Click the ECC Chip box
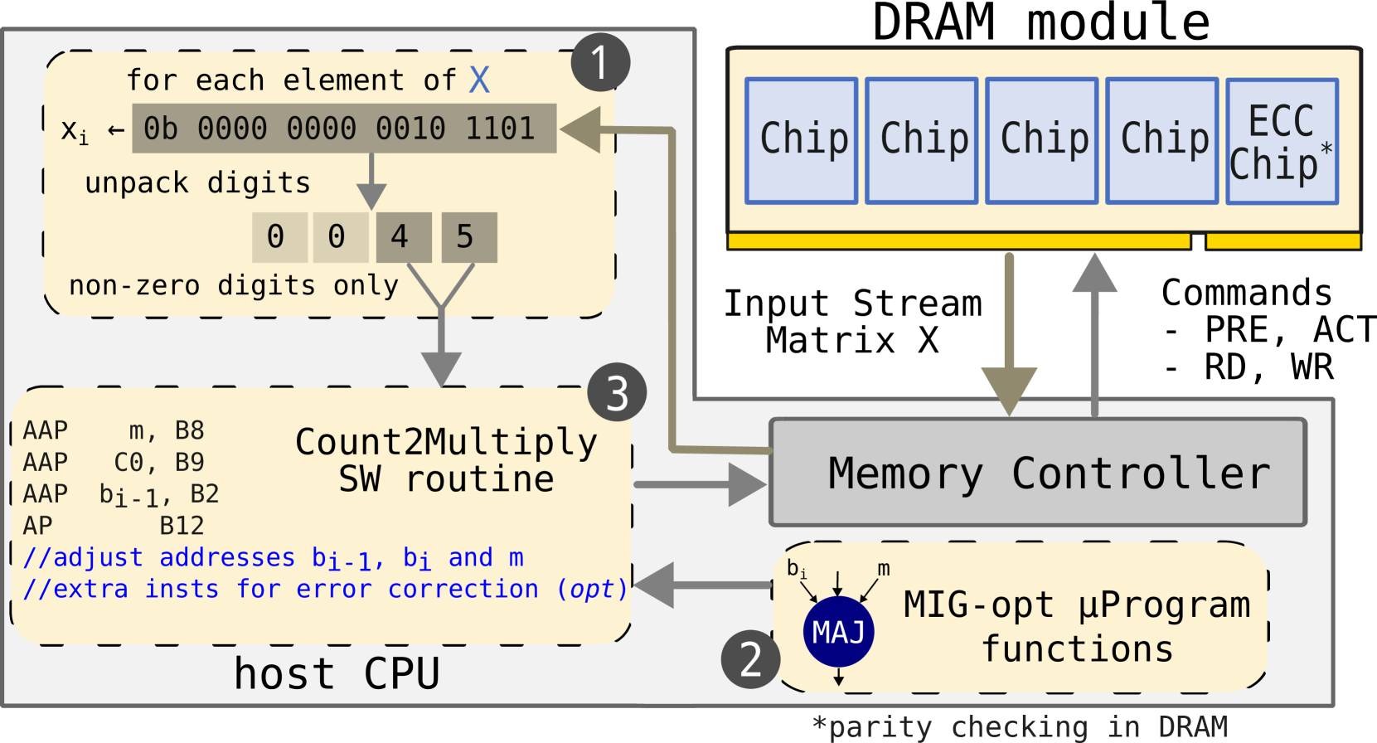1282,141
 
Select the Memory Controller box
1038,473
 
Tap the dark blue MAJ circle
838,631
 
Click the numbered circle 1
600,63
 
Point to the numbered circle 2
750,659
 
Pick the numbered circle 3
617,391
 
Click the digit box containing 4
404,237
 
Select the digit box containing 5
469,237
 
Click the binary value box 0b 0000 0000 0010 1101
344,129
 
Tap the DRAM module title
1041,22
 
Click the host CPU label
337,673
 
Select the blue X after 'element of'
479,80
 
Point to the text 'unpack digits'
197,183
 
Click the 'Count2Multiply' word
446,442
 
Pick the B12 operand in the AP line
182,526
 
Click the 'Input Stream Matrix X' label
852,322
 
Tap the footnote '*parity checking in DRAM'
1020,727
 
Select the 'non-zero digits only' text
234,286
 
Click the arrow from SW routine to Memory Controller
701,484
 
